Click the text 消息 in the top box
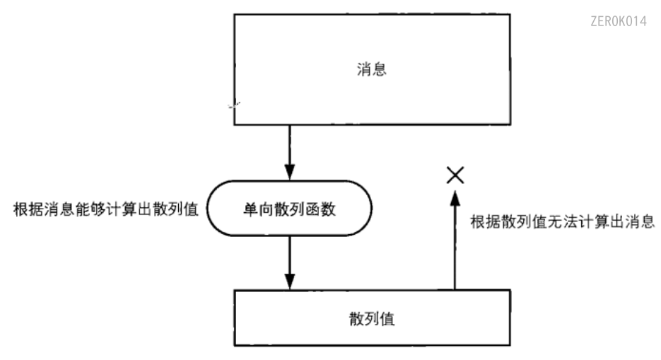pyautogui.click(x=372, y=70)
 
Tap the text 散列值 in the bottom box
pyautogui.click(x=372, y=318)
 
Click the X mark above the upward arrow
pyautogui.click(x=455, y=175)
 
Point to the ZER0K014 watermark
pyautogui.click(x=618, y=21)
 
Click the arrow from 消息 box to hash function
pyautogui.click(x=289, y=152)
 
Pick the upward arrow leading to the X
pyautogui.click(x=455, y=240)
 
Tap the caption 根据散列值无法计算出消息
pyautogui.click(x=565, y=221)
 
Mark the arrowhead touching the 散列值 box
pyautogui.click(x=289, y=281)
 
